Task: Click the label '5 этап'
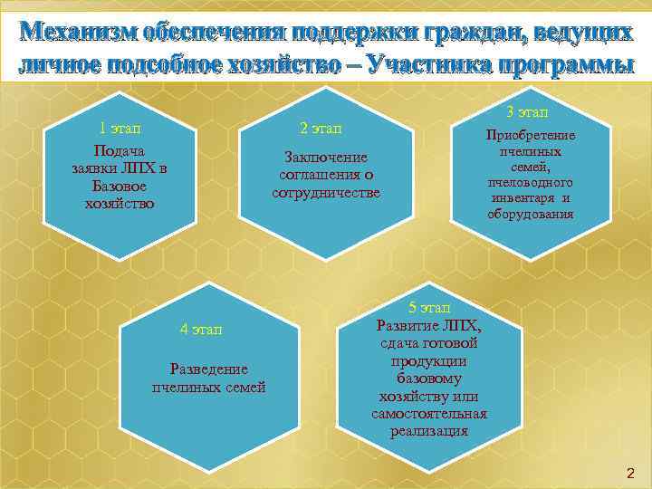(429, 309)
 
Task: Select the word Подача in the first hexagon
(120, 150)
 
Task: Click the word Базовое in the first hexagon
(120, 186)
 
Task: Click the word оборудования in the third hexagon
(530, 214)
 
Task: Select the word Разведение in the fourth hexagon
(209, 369)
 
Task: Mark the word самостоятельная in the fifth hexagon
(429, 414)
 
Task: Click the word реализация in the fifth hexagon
(429, 431)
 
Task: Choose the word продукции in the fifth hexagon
(429, 361)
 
